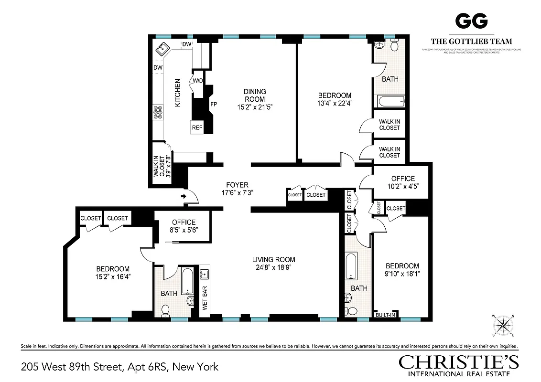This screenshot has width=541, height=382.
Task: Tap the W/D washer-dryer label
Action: [x=198, y=80]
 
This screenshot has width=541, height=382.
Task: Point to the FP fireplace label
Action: [x=214, y=103]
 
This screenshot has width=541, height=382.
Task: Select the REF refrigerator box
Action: [x=197, y=127]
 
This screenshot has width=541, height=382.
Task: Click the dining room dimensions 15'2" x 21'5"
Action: [x=254, y=107]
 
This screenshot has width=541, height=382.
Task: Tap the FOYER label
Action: [x=238, y=185]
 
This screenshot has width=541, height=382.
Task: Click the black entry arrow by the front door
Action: [x=184, y=196]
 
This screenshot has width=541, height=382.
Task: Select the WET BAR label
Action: [x=205, y=298]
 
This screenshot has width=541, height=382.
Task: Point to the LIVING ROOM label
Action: [x=273, y=260]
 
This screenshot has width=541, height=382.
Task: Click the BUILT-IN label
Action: [x=386, y=315]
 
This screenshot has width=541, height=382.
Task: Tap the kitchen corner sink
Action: [x=162, y=48]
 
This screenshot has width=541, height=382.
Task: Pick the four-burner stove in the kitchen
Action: [x=158, y=113]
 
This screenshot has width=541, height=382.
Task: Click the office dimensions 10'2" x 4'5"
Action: [x=403, y=187]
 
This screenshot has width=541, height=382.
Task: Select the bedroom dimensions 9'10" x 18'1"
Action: [x=402, y=274]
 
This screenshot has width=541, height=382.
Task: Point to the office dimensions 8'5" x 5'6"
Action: [x=184, y=230]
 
